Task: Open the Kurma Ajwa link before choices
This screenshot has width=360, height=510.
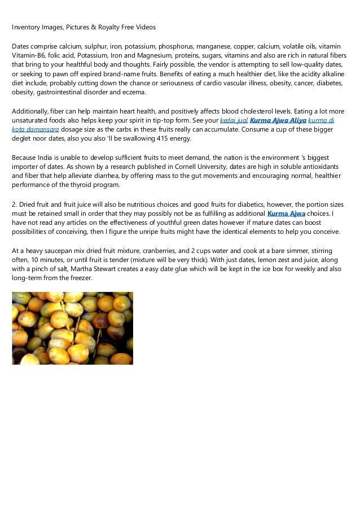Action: pyautogui.click(x=286, y=213)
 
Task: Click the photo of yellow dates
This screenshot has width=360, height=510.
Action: pyautogui.click(x=72, y=328)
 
